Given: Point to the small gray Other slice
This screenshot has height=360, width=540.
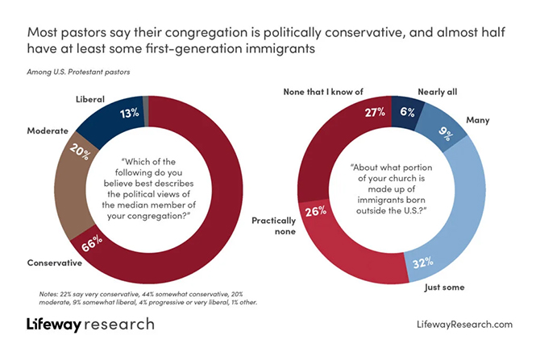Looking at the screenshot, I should pyautogui.click(x=145, y=100).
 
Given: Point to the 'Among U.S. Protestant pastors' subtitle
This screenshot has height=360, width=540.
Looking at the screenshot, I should pyautogui.click(x=74, y=72).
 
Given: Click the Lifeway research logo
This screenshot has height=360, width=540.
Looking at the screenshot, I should pyautogui.click(x=88, y=325).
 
